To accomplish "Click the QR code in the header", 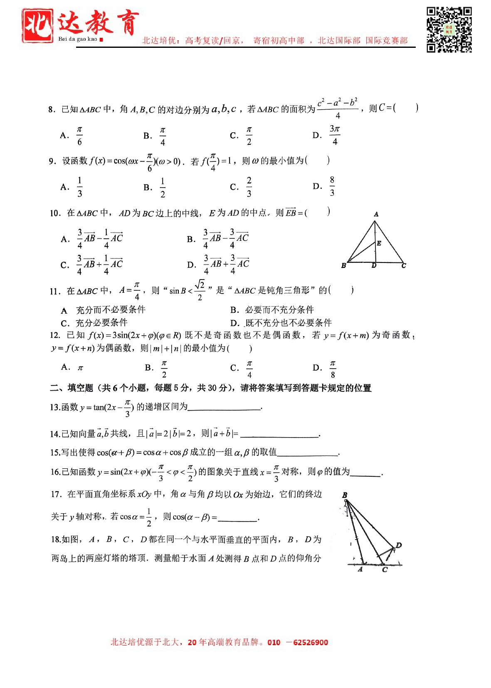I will (449, 30).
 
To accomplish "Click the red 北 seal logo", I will (37, 26).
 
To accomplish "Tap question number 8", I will (52, 110).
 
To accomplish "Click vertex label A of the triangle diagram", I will (376, 214).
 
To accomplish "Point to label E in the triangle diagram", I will (379, 243).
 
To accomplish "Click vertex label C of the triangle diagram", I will (404, 265).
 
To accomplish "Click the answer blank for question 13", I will (225, 407).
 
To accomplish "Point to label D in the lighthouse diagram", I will (399, 545).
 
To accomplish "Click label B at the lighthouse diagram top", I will (345, 495).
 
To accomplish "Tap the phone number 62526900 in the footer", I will (310, 642).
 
